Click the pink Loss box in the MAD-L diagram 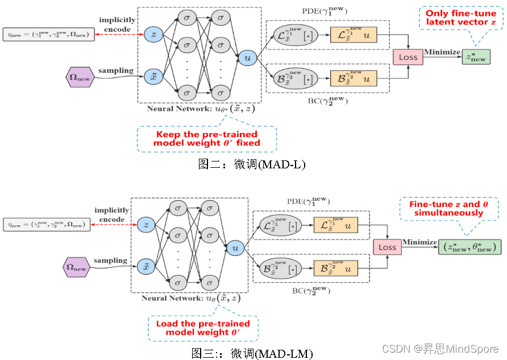408,57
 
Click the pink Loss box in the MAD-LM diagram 387,247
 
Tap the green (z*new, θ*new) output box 470,247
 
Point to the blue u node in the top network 247,57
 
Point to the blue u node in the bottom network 234,247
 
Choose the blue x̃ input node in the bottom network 146,266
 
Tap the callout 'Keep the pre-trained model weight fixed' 206,138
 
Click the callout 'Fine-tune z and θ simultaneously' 448,208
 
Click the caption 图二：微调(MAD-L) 252,165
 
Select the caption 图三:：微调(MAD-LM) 252,353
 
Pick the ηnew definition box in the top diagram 47,35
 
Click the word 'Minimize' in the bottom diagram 419,242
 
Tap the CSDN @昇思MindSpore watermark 440,348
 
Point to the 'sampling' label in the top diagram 116,71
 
